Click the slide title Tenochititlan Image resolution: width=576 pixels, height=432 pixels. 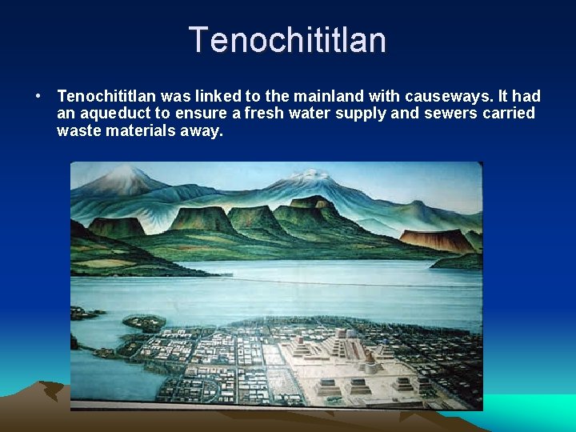pos(287,40)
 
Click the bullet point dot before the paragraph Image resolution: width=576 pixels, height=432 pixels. pos(38,97)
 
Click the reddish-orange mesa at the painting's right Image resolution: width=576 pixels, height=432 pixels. pos(436,238)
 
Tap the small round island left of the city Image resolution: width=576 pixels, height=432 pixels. pos(144,322)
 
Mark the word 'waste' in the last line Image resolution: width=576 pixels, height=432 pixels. pos(77,130)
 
